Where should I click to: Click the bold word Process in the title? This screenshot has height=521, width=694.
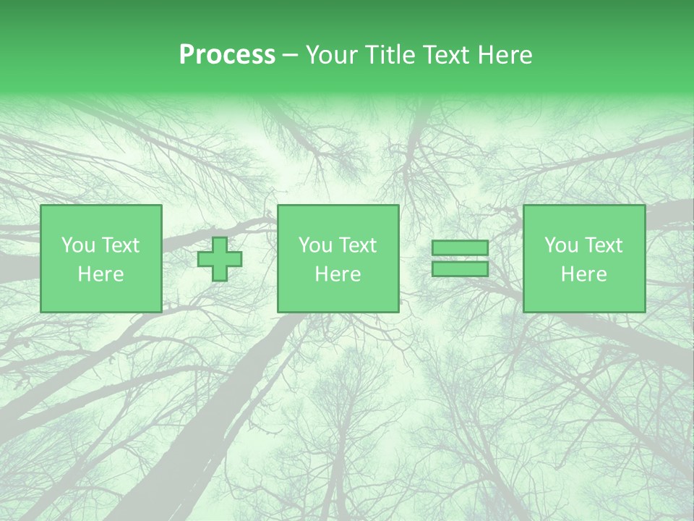pos(227,55)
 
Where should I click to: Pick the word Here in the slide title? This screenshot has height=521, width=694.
pos(505,55)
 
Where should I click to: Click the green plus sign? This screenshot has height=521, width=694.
pos(220,259)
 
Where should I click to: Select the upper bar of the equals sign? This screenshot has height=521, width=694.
pos(460,248)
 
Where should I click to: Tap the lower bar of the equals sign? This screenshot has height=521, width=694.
pos(460,269)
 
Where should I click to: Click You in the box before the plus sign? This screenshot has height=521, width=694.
pos(77,245)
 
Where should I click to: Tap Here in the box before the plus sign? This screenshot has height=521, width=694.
pos(100,274)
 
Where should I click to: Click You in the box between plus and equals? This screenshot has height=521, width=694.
pos(314,245)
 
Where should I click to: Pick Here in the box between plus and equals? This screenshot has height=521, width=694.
pos(338,274)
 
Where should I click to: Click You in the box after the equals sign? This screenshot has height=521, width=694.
pos(560,245)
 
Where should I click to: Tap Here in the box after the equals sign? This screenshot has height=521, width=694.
pos(583,274)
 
